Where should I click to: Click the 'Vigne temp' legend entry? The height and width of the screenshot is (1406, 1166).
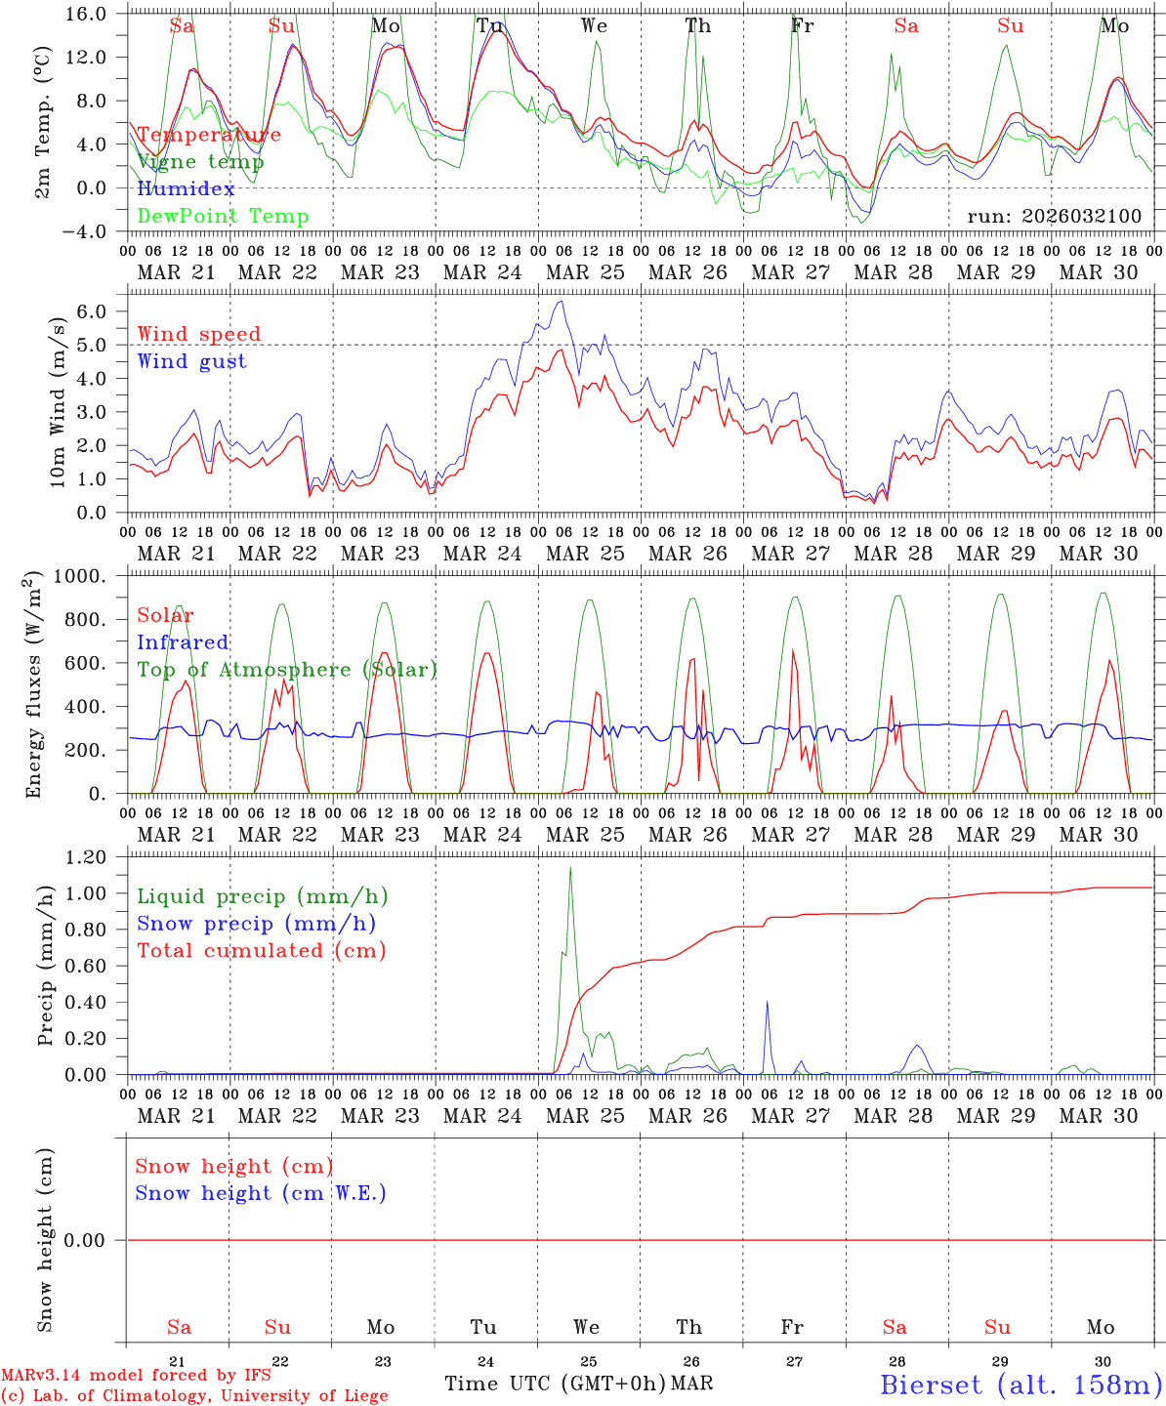coord(200,162)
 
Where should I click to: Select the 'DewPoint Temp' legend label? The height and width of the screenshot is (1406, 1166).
coord(223,217)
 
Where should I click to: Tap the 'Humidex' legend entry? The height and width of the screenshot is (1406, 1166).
coord(186,189)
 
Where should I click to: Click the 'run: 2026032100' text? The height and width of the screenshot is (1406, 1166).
coord(1054,217)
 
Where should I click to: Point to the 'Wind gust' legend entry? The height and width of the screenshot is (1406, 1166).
coord(191,361)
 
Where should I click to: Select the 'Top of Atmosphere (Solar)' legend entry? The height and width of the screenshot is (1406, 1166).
coord(287,670)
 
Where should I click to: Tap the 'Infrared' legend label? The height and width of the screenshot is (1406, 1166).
coord(183,642)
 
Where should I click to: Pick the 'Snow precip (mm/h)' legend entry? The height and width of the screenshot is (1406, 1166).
coord(256,924)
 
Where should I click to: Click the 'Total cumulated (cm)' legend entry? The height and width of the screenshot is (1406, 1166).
coord(261,951)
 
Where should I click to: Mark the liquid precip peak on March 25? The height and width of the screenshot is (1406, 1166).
coord(570,868)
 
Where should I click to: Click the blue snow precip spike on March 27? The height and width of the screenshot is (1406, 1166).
coord(767,1002)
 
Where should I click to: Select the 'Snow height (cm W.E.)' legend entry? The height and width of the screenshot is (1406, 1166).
coord(261,1193)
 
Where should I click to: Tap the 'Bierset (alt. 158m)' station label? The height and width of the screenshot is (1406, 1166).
coord(1020,1384)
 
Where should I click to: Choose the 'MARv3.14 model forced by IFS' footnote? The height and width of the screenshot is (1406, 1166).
coord(136,1376)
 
